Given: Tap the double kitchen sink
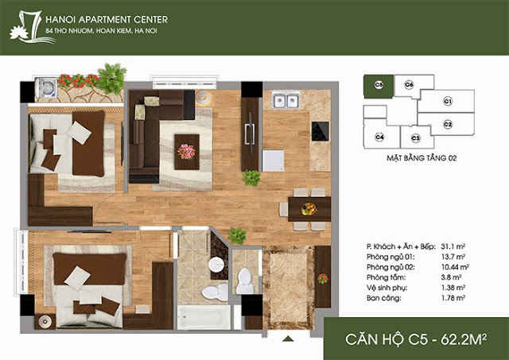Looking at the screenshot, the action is click(x=286, y=100).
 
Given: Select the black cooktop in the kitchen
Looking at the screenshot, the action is click(x=320, y=131).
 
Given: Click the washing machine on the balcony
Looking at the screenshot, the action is click(x=46, y=88).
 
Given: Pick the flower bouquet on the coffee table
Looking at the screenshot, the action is click(x=186, y=152).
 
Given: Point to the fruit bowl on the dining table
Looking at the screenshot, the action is click(x=309, y=209).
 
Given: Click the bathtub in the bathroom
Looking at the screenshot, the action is click(x=204, y=317).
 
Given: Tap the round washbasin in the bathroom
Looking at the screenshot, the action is click(x=216, y=265).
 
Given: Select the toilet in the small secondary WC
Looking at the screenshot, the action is click(x=245, y=281).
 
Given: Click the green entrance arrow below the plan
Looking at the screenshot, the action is click(x=288, y=339).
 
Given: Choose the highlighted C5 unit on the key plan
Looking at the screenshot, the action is click(x=379, y=87).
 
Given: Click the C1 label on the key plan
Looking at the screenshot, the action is click(x=448, y=102).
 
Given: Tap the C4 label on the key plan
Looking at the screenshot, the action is click(x=379, y=137).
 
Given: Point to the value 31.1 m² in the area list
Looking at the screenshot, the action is click(x=453, y=246).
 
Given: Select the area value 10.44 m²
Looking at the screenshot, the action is click(x=455, y=267).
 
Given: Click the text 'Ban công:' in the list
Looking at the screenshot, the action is click(x=383, y=298).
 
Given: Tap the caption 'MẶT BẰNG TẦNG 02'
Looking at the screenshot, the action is click(x=422, y=158).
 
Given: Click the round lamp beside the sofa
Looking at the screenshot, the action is click(x=204, y=97).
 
